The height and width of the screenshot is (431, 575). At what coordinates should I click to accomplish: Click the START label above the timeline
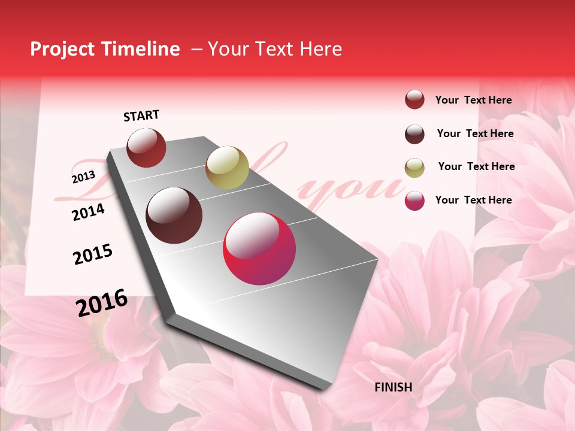[141, 116]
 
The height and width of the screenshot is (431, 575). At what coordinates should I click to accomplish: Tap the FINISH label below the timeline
[394, 387]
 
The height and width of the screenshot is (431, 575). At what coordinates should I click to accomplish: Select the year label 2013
[83, 177]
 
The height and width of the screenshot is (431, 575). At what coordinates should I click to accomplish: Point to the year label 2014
[88, 212]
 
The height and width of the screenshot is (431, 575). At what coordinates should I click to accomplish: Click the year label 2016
[102, 302]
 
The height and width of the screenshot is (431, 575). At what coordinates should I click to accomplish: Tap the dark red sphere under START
[146, 147]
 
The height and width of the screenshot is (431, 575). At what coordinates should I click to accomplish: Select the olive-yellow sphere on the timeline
[227, 167]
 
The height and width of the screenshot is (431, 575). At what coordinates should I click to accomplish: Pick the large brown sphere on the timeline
[174, 215]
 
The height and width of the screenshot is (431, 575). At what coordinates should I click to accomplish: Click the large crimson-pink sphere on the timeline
[259, 248]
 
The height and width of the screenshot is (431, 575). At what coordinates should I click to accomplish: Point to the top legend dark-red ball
[414, 99]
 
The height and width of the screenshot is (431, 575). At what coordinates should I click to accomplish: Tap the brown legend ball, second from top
[414, 134]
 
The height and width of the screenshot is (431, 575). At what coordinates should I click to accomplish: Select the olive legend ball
[414, 167]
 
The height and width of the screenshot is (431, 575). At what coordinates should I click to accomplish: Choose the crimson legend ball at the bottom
[414, 201]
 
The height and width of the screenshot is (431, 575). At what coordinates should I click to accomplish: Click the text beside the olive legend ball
[476, 166]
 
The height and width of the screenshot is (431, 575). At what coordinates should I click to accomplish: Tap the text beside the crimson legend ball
[473, 200]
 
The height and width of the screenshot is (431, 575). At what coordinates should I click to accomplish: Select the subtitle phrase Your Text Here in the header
[274, 49]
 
